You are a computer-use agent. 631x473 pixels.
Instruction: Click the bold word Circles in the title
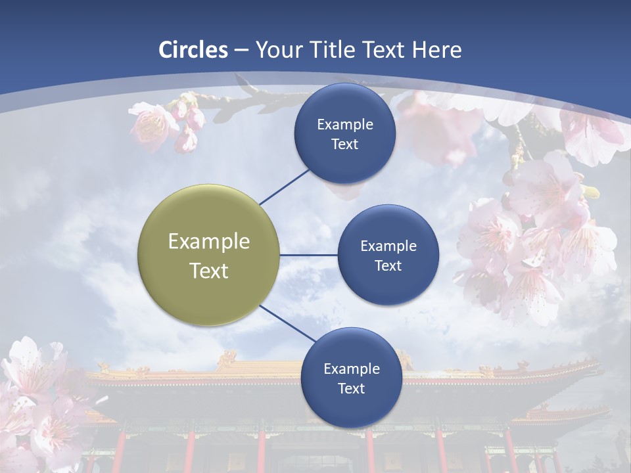[193, 50]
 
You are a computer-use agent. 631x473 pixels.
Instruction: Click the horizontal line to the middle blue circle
[308, 255]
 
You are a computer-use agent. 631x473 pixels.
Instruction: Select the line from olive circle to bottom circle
[288, 323]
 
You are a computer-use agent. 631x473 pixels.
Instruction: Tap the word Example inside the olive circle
[209, 241]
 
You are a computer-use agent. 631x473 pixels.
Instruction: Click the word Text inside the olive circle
[209, 271]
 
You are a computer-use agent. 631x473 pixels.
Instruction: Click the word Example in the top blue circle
[345, 124]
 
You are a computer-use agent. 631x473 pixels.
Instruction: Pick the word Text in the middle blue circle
[388, 265]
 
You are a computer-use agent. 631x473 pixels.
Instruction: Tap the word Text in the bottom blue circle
[351, 388]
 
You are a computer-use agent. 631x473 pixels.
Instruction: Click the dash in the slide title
[241, 50]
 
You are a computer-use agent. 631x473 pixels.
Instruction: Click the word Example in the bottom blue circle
[352, 369]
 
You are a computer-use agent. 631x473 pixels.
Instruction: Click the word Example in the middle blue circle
[388, 246]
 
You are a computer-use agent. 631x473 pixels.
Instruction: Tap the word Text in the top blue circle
[344, 144]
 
